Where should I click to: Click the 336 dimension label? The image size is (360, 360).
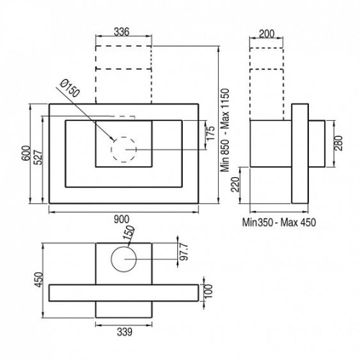(122, 32)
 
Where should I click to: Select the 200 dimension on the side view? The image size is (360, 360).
(266, 34)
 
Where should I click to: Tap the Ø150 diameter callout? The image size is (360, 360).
(70, 89)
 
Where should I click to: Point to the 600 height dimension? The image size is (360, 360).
(26, 153)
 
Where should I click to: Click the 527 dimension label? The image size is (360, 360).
(38, 158)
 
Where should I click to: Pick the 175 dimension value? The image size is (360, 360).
(210, 133)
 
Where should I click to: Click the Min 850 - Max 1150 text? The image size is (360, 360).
(225, 130)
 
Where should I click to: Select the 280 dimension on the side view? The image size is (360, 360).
(338, 143)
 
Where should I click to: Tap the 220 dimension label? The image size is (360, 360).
(235, 184)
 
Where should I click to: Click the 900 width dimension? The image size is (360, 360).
(122, 219)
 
